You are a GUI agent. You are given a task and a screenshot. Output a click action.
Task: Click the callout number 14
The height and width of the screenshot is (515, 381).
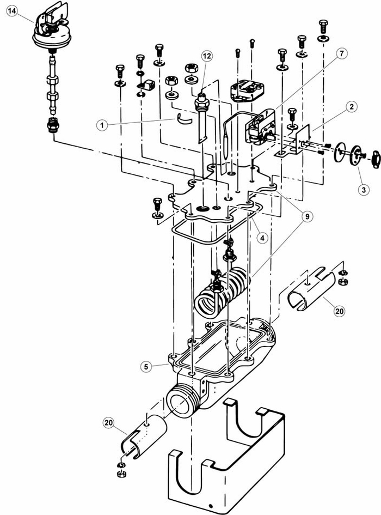12,11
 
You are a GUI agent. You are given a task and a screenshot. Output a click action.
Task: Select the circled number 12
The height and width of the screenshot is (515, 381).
207,56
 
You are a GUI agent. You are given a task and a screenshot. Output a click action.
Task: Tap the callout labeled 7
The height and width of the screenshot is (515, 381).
342,53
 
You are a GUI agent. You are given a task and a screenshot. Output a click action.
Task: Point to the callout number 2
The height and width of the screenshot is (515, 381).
352,106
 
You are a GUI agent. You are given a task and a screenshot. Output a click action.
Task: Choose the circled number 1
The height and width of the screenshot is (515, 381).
102,125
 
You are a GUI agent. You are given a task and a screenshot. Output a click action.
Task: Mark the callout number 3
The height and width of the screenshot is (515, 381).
363,189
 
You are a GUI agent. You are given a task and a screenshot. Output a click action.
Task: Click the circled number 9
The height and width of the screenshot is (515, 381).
307,216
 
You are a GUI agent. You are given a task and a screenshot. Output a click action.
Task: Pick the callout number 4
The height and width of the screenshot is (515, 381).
262,238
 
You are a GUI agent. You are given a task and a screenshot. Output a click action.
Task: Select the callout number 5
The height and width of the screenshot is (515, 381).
146,367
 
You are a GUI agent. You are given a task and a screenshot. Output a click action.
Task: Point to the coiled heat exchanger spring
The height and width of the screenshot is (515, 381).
223,290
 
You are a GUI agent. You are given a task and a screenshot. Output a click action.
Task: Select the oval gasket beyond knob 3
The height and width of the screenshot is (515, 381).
376,160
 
